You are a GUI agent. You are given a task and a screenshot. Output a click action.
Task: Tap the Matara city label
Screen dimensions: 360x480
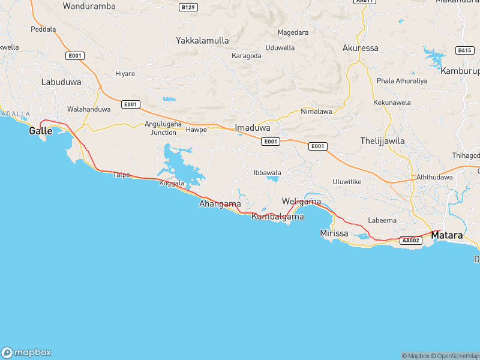447,236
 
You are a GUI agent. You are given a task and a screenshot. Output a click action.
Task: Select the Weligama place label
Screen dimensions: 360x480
301,202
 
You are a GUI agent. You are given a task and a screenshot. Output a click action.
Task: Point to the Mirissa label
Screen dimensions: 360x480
334,233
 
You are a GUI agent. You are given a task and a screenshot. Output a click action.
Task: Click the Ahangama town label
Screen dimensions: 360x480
220,204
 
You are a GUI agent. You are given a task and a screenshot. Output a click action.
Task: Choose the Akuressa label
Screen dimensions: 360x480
360,47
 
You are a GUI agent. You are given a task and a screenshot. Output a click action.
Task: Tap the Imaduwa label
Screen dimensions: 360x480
253,128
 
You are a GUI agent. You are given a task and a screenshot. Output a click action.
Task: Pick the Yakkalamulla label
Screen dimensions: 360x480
202,41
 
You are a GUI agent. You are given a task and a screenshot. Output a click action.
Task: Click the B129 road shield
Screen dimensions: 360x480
188,7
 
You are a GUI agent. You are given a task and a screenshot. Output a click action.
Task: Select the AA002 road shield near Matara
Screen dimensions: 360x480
410,241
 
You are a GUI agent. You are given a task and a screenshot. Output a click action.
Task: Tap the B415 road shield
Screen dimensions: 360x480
464,50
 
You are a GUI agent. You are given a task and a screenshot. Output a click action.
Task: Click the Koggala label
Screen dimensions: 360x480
172,183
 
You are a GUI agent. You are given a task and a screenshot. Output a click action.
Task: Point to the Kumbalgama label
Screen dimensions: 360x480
278,216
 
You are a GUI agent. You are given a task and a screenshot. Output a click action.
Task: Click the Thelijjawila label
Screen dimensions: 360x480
382,141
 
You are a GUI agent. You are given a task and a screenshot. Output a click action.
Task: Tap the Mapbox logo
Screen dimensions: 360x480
26,352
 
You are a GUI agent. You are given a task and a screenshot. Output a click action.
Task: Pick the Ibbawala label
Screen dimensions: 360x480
268,173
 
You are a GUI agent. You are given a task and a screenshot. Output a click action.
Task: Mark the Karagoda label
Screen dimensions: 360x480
247,56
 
